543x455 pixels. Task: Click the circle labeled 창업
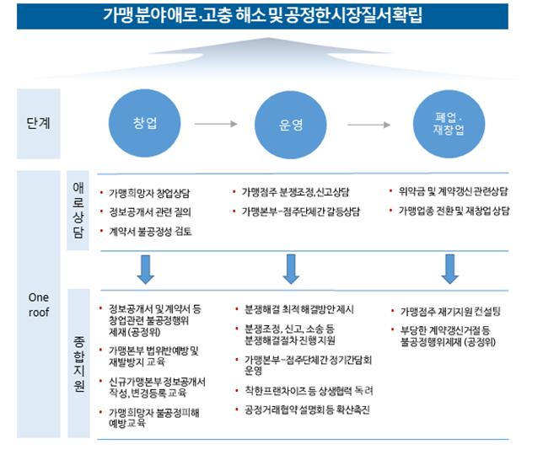click(145, 123)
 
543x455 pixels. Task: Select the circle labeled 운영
click(291, 124)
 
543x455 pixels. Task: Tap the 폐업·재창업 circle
click(449, 124)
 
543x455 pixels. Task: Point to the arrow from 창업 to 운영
click(216, 124)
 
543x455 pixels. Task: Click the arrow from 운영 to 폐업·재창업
click(369, 125)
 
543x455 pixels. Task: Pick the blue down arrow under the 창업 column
click(145, 270)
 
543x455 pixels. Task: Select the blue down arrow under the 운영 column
click(291, 269)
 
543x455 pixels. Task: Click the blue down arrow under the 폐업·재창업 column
click(450, 269)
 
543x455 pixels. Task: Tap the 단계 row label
click(39, 123)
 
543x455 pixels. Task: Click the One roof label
click(39, 305)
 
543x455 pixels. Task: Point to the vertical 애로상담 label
click(78, 210)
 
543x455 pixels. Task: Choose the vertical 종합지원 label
click(79, 363)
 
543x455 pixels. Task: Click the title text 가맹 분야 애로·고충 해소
click(167, 15)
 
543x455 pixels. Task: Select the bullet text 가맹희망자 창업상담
click(149, 193)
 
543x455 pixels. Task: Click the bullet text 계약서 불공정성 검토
click(150, 231)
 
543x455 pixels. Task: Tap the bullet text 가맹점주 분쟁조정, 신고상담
click(295, 192)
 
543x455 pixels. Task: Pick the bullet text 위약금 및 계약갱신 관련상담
click(453, 191)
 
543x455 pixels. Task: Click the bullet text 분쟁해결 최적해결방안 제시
click(299, 309)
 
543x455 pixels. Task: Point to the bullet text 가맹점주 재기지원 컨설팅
click(450, 312)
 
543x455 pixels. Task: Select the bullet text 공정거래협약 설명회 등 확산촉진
click(307, 410)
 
